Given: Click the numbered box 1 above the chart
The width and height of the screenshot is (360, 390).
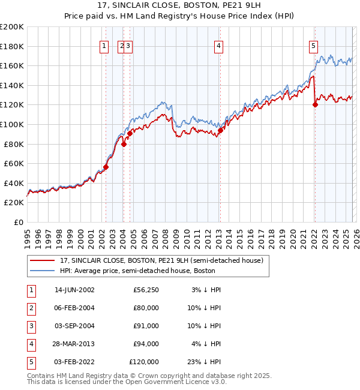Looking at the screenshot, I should click(x=104, y=45).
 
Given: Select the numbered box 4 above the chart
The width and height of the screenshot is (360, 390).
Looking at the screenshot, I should click(x=219, y=45).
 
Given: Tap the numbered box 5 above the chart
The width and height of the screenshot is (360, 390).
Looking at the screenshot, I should click(x=313, y=45).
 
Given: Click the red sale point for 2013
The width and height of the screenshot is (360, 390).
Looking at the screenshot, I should click(x=220, y=130).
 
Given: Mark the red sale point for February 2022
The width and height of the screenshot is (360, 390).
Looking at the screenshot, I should click(x=315, y=104).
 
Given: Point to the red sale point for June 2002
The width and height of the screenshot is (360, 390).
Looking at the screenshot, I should click(x=106, y=167).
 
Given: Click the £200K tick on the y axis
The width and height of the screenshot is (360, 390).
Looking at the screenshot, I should click(x=12, y=26).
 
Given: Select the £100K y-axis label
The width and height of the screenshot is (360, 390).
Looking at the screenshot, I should click(x=12, y=124).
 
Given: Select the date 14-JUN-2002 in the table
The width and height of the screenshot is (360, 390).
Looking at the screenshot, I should click(x=74, y=290).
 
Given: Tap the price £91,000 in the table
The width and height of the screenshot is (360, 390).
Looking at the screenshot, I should click(x=145, y=326).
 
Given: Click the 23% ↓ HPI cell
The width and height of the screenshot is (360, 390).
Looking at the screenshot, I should click(x=207, y=362).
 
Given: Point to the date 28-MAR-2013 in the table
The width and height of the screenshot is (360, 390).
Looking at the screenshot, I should click(x=74, y=344).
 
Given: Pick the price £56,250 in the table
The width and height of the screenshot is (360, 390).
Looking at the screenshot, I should click(x=145, y=290).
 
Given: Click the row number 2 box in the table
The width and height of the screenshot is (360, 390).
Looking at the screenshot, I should click(x=31, y=308).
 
